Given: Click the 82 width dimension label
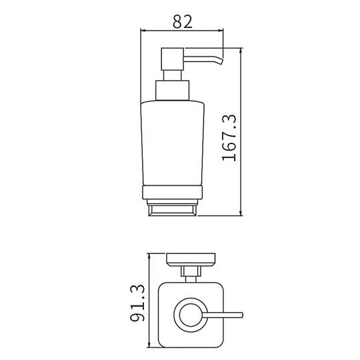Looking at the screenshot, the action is pos(183,21).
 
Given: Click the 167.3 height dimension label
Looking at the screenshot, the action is pos(229,137).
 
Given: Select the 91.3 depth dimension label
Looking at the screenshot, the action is pos(137,303).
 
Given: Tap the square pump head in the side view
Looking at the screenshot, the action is pos(173,59).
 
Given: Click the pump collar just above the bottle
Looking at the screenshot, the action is pos(173,90).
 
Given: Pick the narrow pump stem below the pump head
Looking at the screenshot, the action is pos(173,75).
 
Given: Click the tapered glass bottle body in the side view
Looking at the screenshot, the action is pos(173,143).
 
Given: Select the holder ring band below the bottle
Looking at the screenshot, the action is pos(173,192).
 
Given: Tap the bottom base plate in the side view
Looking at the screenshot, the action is pos(173,210).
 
